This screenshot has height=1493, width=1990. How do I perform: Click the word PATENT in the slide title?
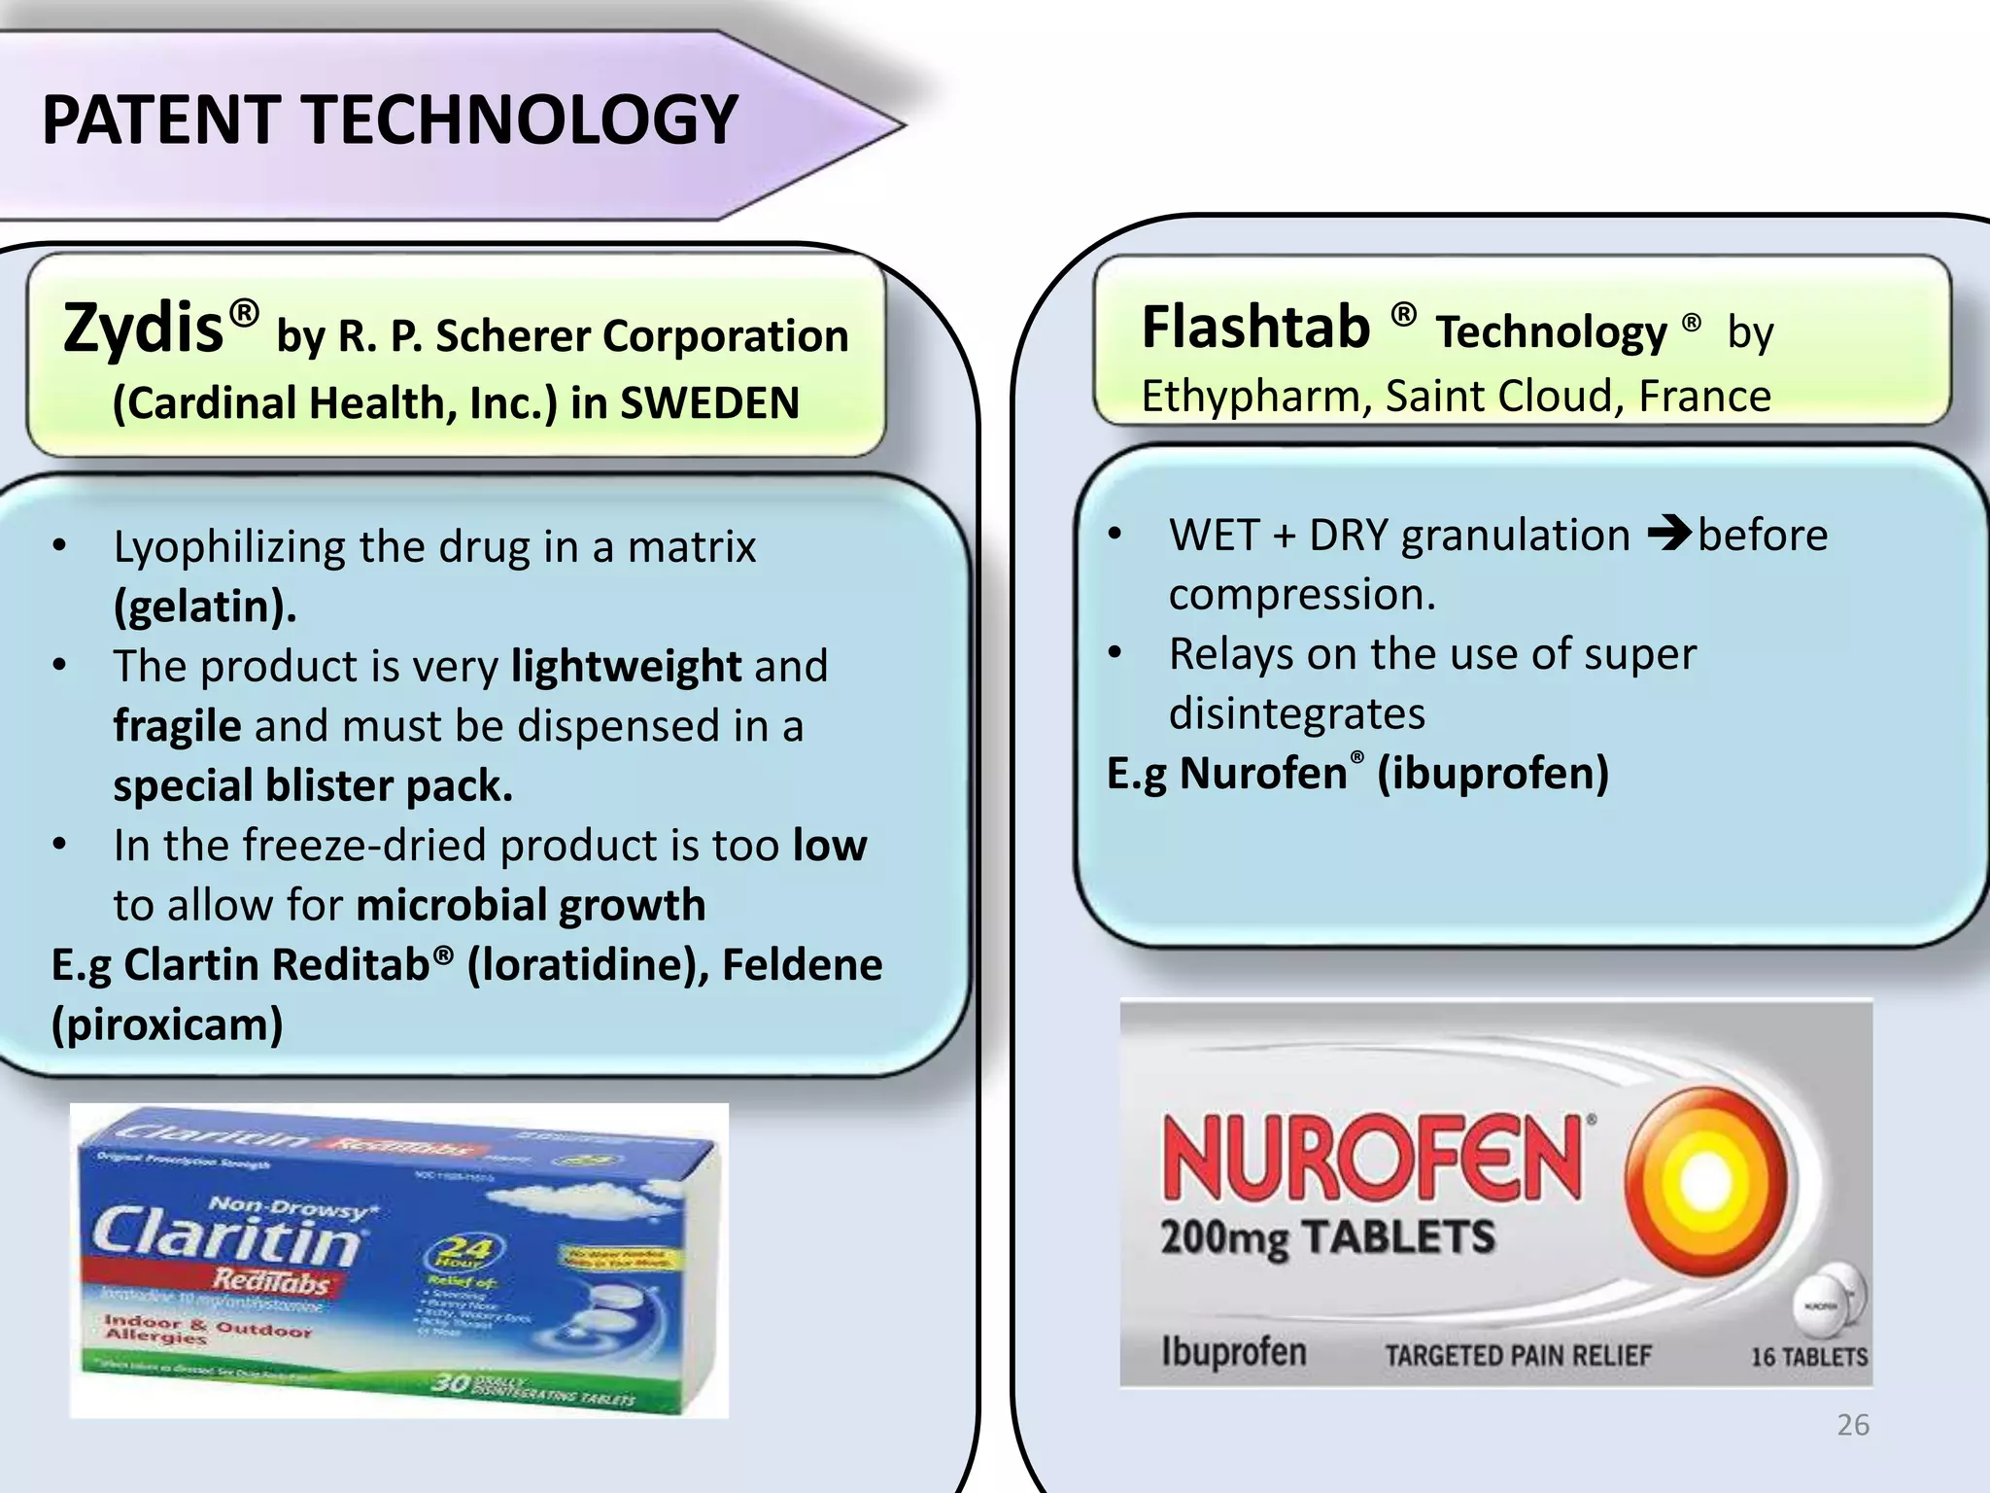(x=161, y=121)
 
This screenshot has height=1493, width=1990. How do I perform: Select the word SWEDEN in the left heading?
(x=709, y=403)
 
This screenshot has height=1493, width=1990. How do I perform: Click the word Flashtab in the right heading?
(x=1255, y=327)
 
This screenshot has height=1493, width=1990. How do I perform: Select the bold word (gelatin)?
(x=205, y=607)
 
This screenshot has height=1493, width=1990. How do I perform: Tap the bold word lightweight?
(x=627, y=667)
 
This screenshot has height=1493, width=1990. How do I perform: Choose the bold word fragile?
(x=177, y=726)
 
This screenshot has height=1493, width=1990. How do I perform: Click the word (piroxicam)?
(x=167, y=1024)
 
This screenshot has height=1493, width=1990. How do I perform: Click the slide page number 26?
(x=1853, y=1425)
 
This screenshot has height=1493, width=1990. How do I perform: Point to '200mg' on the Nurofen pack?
(x=1225, y=1239)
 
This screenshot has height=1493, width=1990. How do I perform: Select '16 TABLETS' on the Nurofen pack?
(x=1808, y=1357)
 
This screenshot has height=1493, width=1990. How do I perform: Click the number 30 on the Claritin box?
(x=451, y=1381)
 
